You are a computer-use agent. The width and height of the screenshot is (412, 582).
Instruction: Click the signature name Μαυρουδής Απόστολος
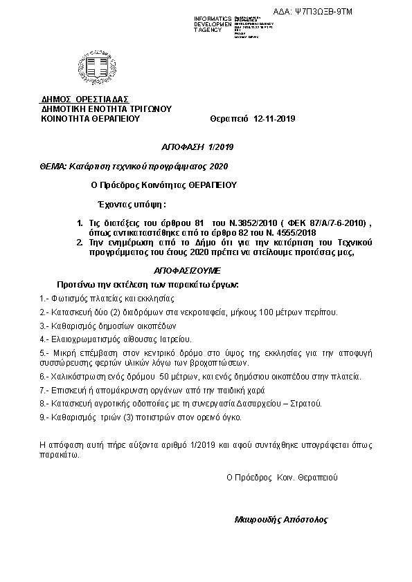tap(281, 518)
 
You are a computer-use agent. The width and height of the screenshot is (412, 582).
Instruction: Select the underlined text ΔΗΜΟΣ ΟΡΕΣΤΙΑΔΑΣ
tap(84, 99)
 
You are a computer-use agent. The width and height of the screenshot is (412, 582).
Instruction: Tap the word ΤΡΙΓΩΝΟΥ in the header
tap(148, 109)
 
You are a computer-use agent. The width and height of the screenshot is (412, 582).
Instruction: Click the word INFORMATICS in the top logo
tap(213, 18)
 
